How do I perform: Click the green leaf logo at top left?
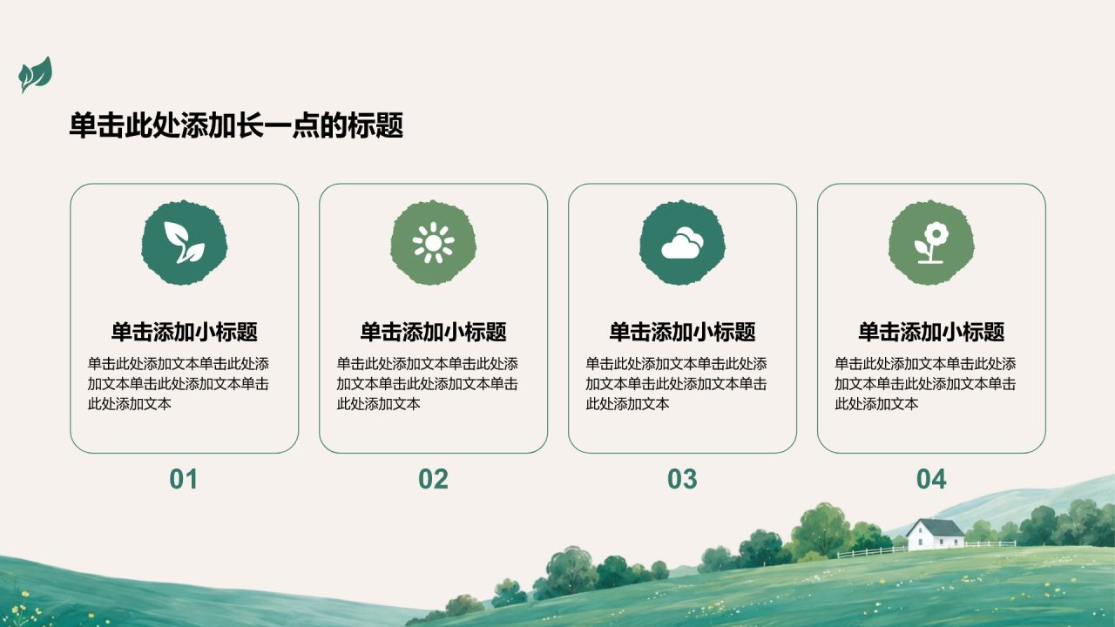[36, 75]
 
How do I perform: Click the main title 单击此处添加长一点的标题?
[236, 125]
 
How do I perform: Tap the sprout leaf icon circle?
[184, 243]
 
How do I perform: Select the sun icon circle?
[433, 243]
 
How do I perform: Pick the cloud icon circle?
[682, 243]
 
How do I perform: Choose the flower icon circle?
[931, 243]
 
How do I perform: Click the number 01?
[184, 479]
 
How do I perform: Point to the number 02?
[433, 479]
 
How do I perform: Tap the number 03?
[682, 479]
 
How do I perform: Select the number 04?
[931, 479]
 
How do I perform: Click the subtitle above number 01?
[184, 332]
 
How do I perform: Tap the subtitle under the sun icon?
[433, 332]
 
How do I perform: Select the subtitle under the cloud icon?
[682, 332]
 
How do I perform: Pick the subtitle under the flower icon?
[931, 332]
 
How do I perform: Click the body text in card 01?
[179, 384]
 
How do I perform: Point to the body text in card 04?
[925, 384]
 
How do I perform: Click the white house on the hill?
[936, 536]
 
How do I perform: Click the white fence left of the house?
[871, 552]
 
